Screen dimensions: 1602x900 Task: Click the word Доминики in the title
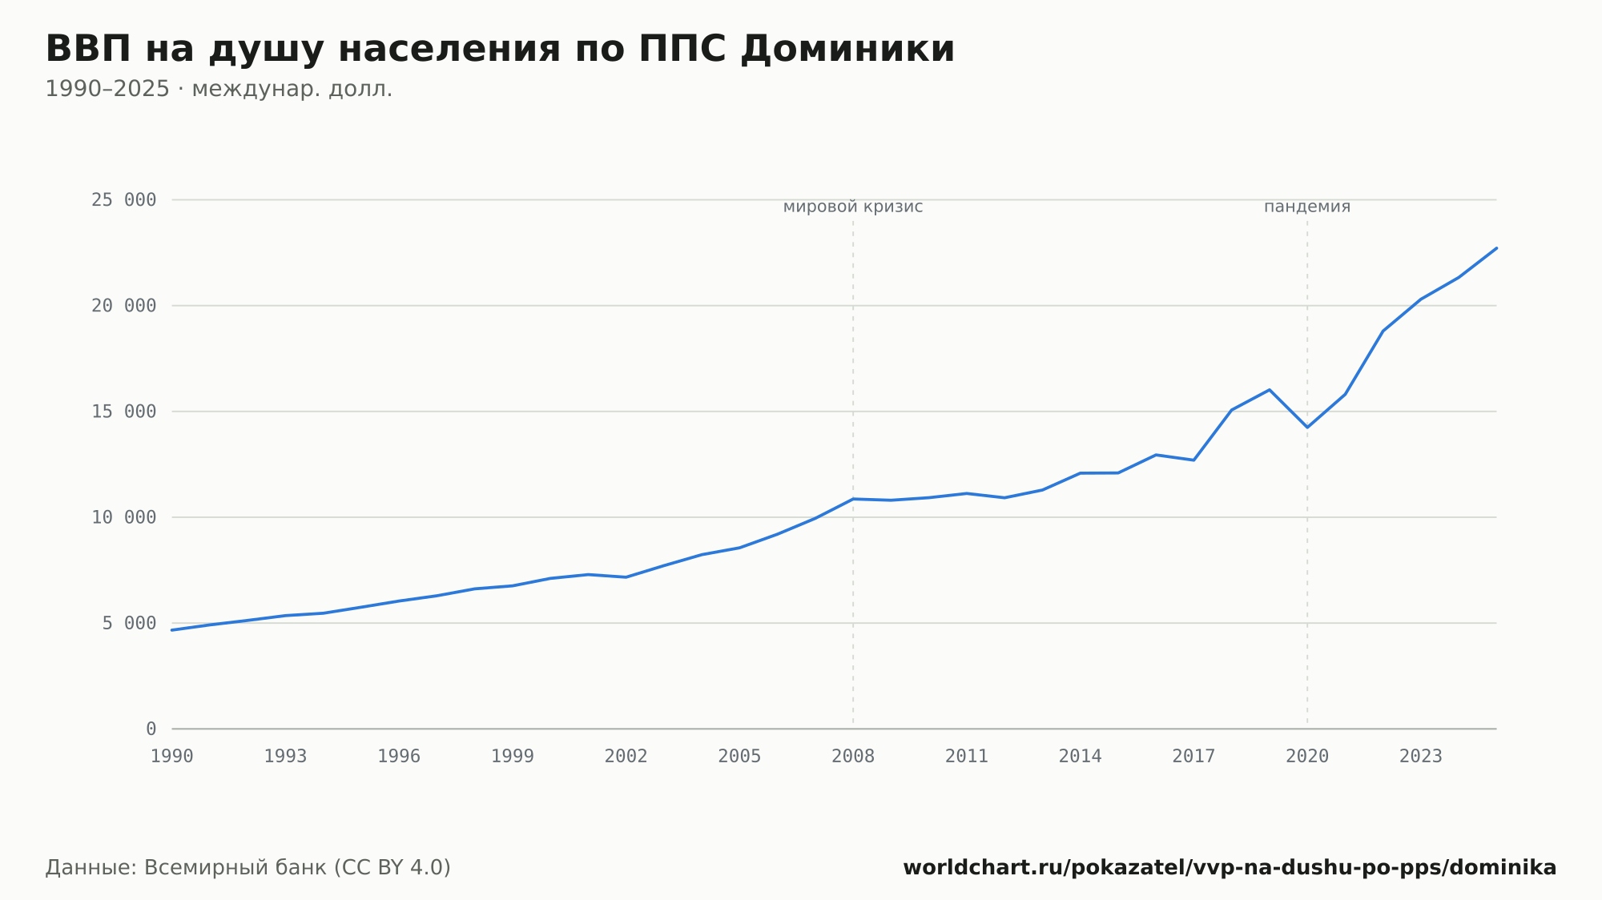point(847,49)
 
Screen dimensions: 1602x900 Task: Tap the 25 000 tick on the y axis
point(124,200)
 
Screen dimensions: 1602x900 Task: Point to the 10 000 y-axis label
point(124,517)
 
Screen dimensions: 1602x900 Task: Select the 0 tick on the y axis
point(151,729)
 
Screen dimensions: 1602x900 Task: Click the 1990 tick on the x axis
point(172,757)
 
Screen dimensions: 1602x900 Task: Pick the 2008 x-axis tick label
point(853,757)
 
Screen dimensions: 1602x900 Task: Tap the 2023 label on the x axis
point(1421,757)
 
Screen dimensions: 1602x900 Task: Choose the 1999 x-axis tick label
point(513,757)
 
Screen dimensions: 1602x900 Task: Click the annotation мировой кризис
point(853,207)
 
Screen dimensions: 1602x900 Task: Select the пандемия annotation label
point(1307,207)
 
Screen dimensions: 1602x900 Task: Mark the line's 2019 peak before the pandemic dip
point(1270,390)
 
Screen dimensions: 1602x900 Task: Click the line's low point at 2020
point(1307,428)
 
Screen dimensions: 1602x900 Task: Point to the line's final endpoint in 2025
point(1496,248)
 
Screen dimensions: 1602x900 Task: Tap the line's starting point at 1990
point(172,630)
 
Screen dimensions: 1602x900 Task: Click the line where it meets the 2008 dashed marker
point(853,499)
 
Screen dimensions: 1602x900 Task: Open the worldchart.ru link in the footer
point(1230,868)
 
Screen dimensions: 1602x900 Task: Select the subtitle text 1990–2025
point(107,89)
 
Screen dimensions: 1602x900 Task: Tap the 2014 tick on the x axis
point(1081,757)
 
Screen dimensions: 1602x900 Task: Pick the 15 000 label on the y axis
point(124,412)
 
